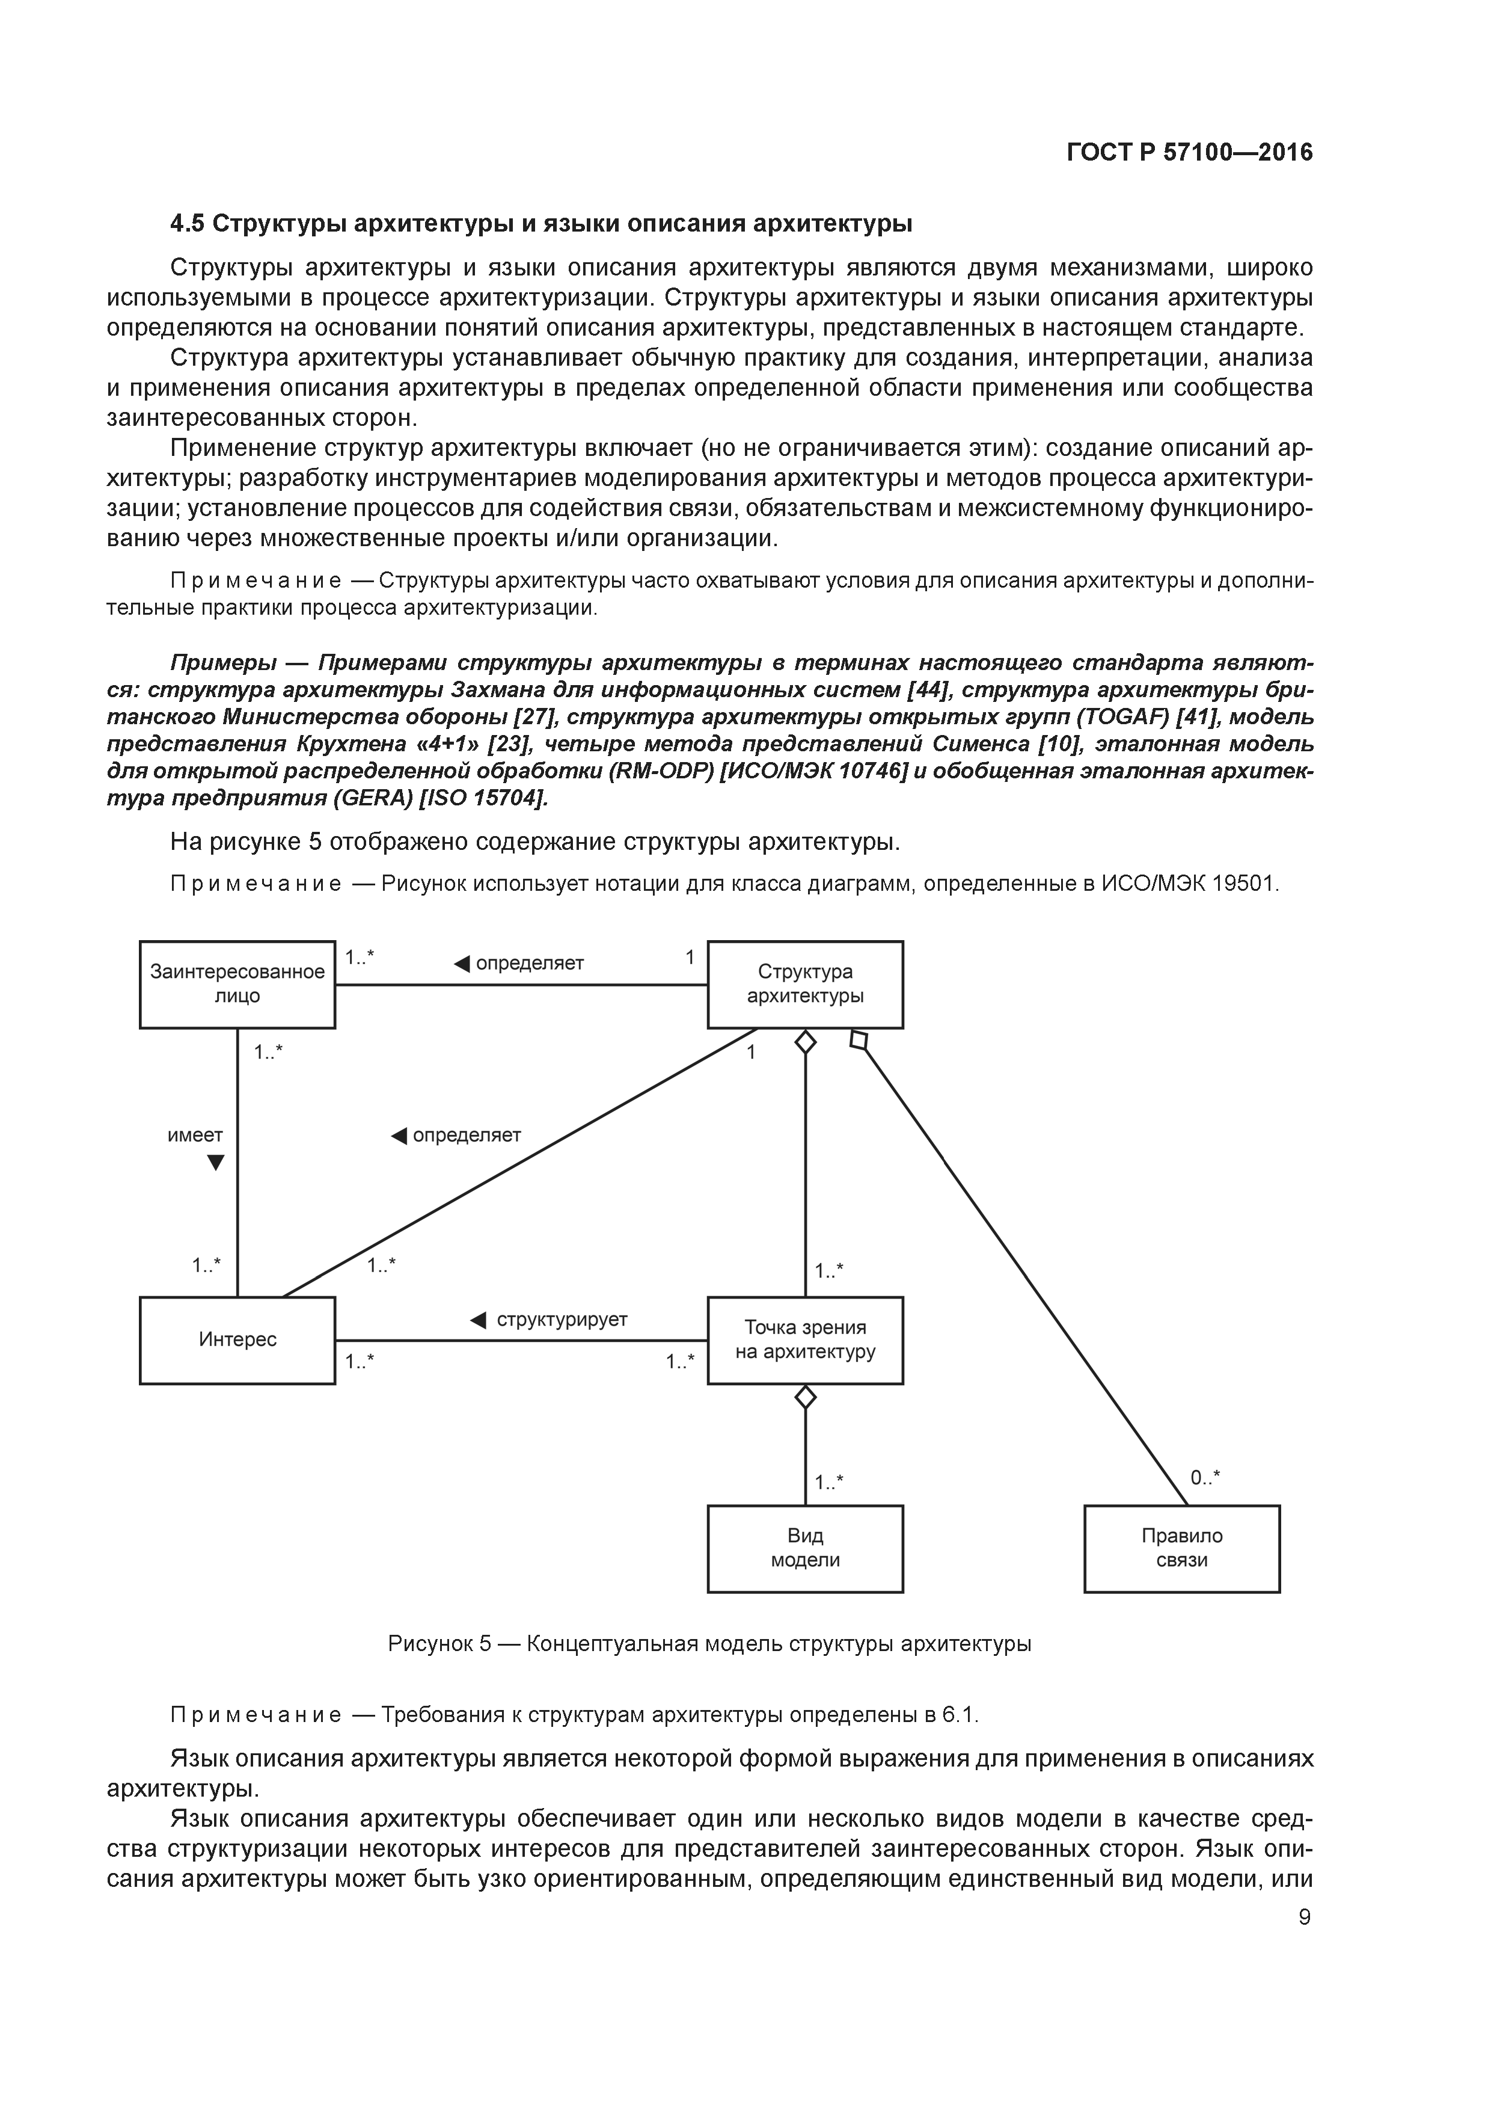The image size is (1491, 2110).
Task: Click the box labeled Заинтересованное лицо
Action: [x=237, y=983]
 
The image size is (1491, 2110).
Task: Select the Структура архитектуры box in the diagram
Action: [x=805, y=983]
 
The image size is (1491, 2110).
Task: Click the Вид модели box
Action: [x=805, y=1548]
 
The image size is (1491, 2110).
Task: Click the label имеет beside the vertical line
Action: [x=195, y=1135]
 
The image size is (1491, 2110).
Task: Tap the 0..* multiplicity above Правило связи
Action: [x=1205, y=1478]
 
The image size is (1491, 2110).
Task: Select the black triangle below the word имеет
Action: [x=216, y=1163]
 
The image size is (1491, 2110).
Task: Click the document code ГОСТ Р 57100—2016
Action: [x=1190, y=153]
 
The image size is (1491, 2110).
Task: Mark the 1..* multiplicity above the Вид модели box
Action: [x=828, y=1482]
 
